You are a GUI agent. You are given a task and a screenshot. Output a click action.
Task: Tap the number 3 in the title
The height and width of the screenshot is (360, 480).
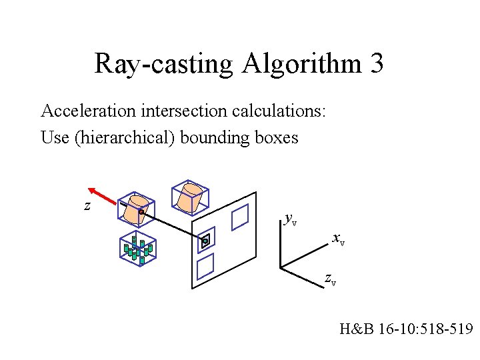[375, 64]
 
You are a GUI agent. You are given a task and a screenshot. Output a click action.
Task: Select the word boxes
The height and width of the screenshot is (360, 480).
[275, 138]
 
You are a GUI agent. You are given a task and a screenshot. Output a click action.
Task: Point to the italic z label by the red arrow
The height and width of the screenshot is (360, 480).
[87, 206]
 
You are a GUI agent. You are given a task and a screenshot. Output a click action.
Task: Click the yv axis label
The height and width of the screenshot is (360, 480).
[290, 218]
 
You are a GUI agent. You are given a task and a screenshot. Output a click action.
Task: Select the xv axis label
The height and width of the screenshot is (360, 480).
[338, 239]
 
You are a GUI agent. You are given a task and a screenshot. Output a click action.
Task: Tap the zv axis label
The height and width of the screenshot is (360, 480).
[330, 279]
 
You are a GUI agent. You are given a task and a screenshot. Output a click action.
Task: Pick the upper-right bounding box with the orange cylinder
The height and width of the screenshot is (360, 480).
[191, 197]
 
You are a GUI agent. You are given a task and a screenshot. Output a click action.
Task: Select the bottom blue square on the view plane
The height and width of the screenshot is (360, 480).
[205, 267]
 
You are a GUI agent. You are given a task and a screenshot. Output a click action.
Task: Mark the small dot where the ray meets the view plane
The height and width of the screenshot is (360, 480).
[205, 241]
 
